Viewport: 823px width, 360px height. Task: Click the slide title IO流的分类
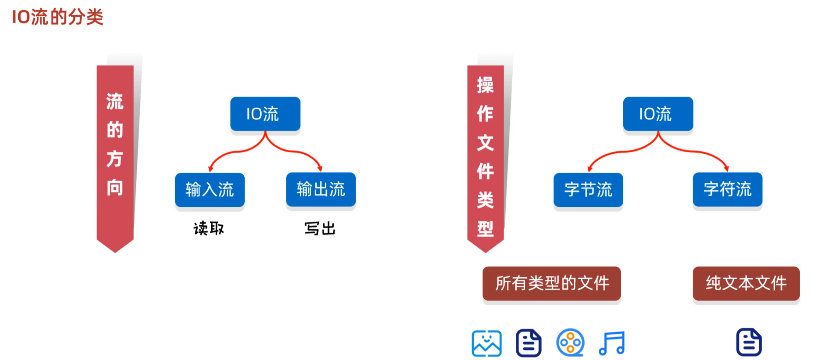(x=57, y=17)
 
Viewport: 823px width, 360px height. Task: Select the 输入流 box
(x=210, y=190)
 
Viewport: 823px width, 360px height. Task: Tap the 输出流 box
(x=321, y=189)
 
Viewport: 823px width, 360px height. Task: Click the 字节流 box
(x=588, y=190)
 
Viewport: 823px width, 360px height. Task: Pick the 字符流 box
(x=727, y=189)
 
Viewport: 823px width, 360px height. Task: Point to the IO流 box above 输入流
(x=265, y=114)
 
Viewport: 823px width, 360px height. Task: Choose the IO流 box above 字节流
(x=658, y=114)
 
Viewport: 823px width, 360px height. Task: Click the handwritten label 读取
(x=209, y=228)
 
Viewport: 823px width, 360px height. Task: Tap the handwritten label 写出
(x=320, y=228)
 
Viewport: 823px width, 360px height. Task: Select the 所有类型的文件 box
(x=552, y=283)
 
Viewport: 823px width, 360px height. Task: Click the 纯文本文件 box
(x=746, y=283)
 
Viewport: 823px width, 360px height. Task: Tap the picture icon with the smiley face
(x=486, y=343)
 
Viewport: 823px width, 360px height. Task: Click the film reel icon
(x=570, y=343)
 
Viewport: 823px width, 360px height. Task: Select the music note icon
(x=612, y=343)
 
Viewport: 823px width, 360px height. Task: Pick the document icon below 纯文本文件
(x=749, y=342)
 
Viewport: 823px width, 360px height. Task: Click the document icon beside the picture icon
(x=528, y=343)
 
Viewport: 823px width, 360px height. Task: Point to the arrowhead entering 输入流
(x=210, y=169)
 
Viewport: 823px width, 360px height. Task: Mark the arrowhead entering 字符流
(x=727, y=169)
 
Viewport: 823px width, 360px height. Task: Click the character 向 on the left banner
(x=115, y=188)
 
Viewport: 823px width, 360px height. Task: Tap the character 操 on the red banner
(x=485, y=85)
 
